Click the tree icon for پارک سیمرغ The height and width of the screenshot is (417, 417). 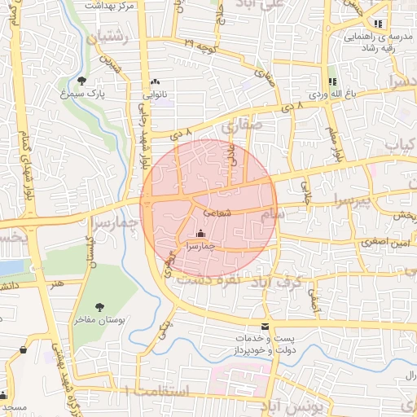[82, 80]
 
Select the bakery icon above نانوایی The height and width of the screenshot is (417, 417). [155, 82]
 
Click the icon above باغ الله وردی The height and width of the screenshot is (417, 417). [331, 81]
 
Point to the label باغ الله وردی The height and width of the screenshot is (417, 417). [332, 95]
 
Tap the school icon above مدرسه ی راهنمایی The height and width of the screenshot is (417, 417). [377, 24]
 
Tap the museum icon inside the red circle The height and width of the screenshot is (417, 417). [200, 234]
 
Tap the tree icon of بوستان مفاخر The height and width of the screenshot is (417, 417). [100, 307]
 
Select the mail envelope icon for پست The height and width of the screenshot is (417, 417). [264, 327]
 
